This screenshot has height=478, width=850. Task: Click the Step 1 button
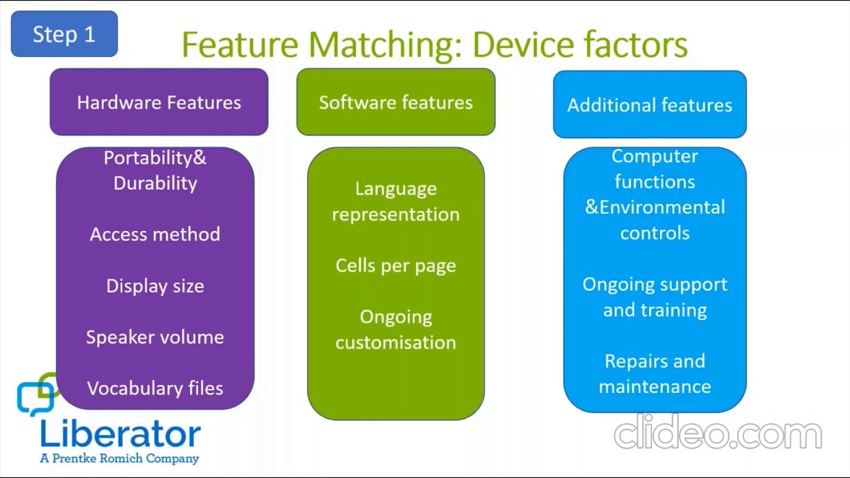click(64, 34)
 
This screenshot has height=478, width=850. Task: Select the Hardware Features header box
click(159, 102)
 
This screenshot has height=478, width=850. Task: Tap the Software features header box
click(396, 102)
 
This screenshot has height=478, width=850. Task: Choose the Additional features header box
click(649, 104)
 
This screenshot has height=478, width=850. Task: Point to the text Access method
click(155, 234)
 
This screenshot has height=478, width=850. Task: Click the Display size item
click(155, 286)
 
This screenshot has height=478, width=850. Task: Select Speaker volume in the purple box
click(155, 337)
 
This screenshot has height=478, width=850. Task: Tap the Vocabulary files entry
click(155, 388)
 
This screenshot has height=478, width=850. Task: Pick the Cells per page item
click(396, 266)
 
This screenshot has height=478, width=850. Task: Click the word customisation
click(396, 343)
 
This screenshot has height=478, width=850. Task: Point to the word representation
click(396, 214)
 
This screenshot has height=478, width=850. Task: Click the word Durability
click(155, 183)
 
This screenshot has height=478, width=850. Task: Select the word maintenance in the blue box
click(655, 387)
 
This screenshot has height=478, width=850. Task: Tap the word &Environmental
click(655, 207)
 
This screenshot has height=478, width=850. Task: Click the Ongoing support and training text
click(655, 297)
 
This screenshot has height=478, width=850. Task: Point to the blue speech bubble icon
click(36, 398)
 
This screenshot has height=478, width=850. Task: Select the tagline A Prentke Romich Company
click(120, 458)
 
